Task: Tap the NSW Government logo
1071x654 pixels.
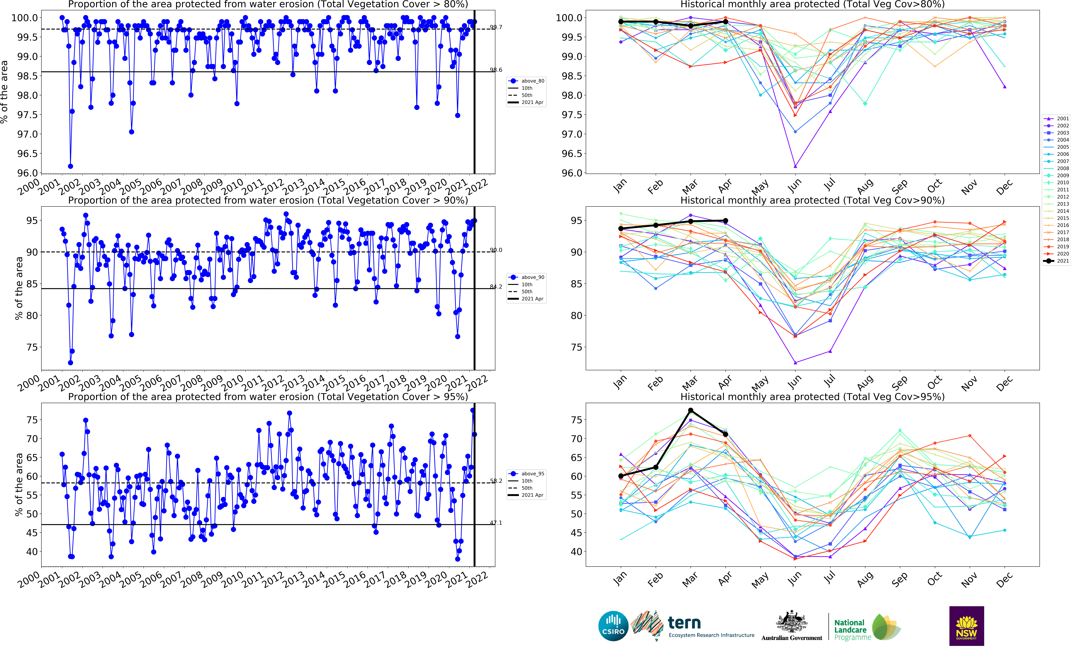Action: [966, 626]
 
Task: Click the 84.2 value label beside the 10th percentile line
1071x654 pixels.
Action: [496, 287]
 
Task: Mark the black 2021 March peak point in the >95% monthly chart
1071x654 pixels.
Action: [691, 410]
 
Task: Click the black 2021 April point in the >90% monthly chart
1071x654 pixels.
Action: [725, 221]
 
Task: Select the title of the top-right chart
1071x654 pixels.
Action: [812, 4]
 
